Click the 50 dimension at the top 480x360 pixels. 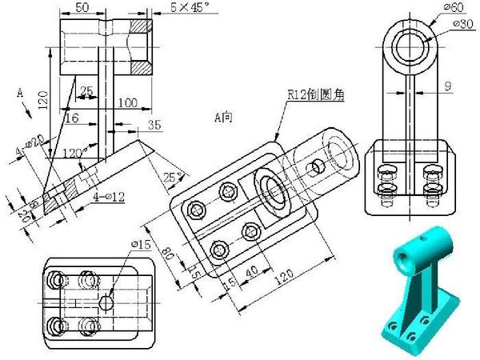point(81,7)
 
